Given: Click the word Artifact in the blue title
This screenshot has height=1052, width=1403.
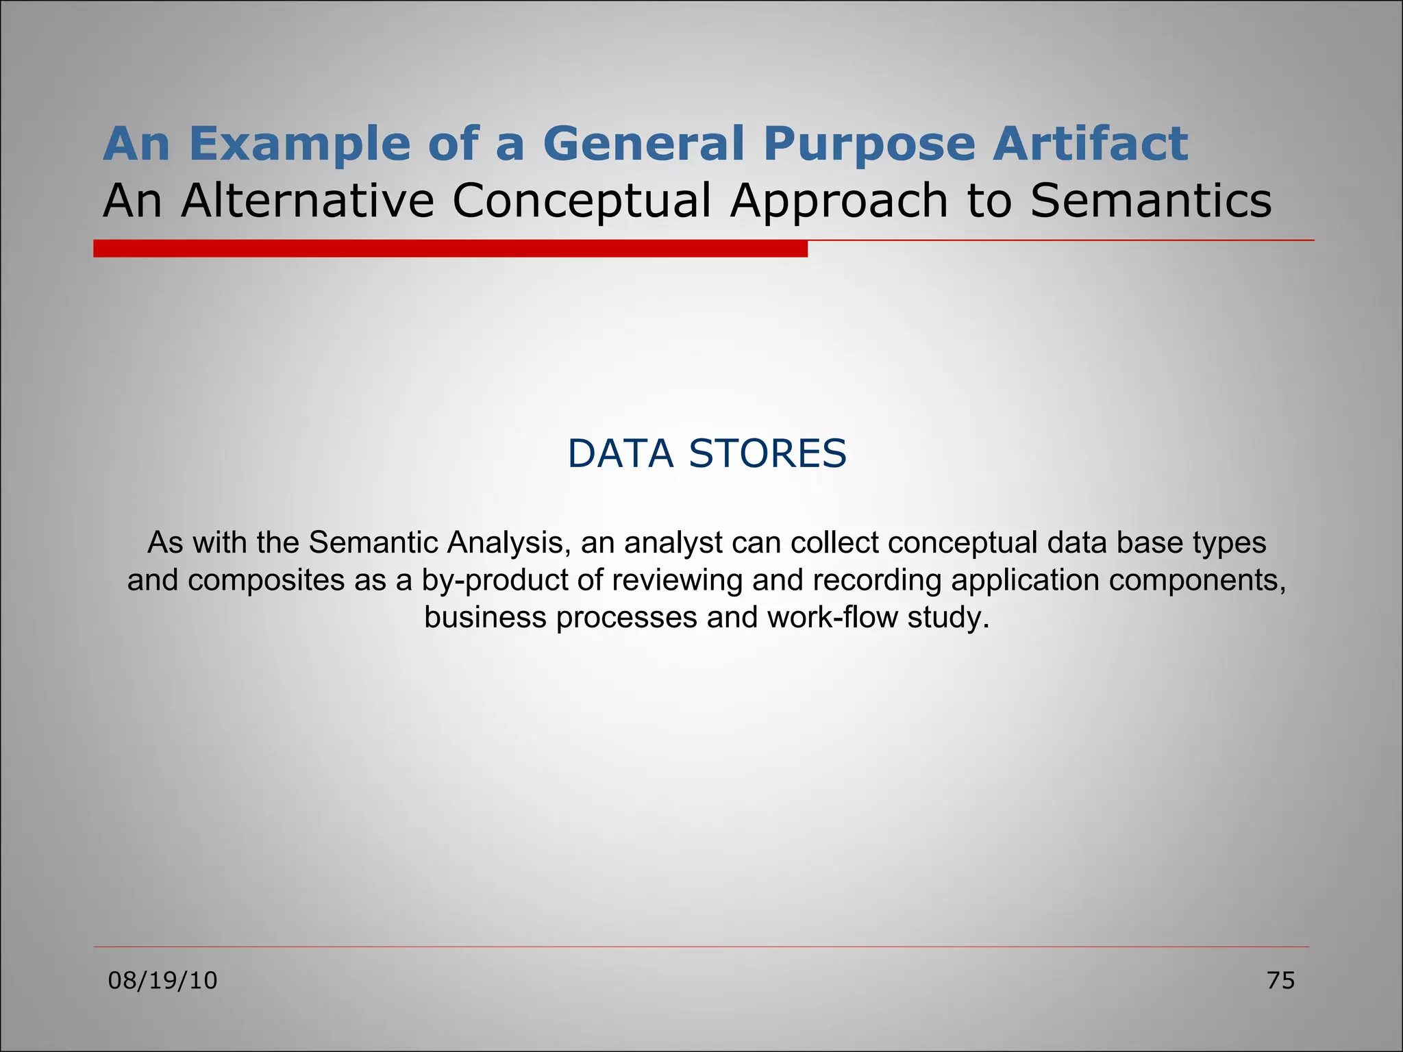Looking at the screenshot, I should (1090, 144).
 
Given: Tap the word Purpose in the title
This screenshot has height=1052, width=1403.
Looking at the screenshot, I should (868, 145).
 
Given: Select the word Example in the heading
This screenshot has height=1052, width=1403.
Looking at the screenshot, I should (298, 145).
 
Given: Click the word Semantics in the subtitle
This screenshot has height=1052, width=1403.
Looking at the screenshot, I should (1150, 201).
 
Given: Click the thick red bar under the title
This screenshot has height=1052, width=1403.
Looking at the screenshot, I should (450, 249).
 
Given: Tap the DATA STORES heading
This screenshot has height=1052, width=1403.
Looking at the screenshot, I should (707, 453).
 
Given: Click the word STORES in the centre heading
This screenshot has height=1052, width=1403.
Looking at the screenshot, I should (767, 453).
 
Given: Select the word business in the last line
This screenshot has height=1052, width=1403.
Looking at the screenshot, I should (485, 618).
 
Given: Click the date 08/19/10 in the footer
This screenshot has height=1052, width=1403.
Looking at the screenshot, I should (163, 981).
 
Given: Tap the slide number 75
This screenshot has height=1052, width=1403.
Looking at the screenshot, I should (1280, 981).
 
